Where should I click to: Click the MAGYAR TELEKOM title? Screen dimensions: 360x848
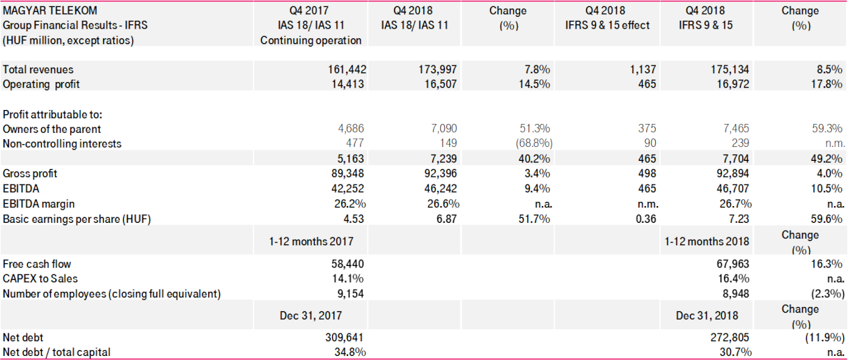click(50, 10)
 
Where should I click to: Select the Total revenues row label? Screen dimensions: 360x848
click(38, 70)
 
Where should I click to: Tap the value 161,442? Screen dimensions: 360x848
click(347, 70)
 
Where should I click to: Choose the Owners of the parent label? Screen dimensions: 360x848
click(52, 129)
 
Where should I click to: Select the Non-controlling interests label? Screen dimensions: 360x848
click(62, 143)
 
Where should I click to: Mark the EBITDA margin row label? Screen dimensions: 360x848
click(39, 203)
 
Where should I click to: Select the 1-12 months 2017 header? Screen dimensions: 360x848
click(311, 241)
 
